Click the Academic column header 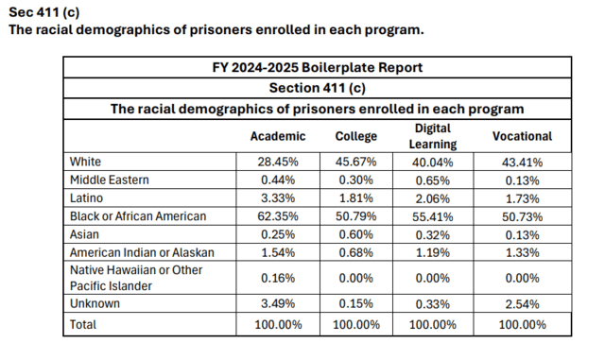(277, 136)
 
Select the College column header (356, 136)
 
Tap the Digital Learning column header (436, 136)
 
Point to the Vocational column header (522, 136)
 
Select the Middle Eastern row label (110, 180)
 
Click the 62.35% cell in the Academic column (277, 215)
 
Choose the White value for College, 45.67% (356, 162)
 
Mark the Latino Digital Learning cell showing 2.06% (436, 197)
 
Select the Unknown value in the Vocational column (522, 305)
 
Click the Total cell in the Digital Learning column (436, 324)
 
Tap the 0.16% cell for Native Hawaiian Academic (277, 278)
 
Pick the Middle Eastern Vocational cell (522, 180)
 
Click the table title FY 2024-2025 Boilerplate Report (317, 67)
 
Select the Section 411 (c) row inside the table (317, 88)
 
